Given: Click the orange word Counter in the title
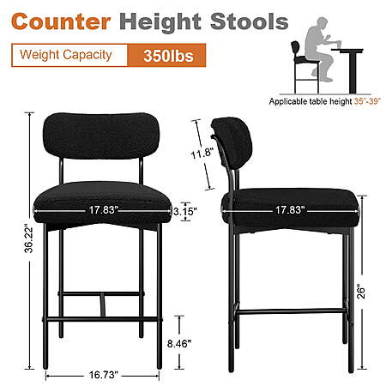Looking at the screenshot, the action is (x=61, y=21).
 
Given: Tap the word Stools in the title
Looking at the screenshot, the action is (x=250, y=21).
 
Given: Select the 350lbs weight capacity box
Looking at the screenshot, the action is (x=166, y=55).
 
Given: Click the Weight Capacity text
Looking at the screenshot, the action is (x=66, y=55).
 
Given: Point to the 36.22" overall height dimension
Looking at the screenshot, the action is (x=28, y=240).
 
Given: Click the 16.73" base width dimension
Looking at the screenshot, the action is (x=103, y=375).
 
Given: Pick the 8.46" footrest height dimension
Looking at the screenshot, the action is (x=179, y=343).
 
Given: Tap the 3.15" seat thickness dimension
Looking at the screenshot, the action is (x=185, y=212).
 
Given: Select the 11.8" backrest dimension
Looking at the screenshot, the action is (x=202, y=154).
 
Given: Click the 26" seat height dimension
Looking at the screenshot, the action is (x=361, y=292).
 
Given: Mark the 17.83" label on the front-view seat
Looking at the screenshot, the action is (x=103, y=210).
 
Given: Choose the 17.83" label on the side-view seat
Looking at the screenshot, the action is (x=290, y=210).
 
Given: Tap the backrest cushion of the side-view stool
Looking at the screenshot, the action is (x=232, y=142).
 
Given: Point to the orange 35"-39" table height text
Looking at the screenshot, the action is (x=367, y=101).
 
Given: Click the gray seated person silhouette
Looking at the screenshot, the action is (x=321, y=49).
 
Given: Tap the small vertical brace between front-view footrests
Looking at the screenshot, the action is (x=103, y=305).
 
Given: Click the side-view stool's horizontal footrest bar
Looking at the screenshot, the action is (x=291, y=311).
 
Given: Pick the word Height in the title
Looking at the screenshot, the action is (x=160, y=22).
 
